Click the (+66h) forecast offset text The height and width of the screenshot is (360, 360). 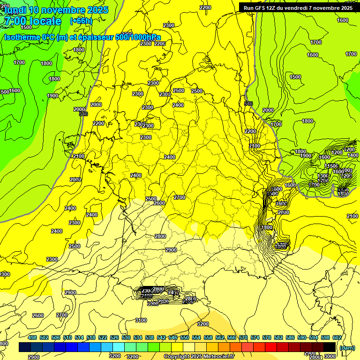pos(81,21)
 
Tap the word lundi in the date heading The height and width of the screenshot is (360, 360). pos(15,10)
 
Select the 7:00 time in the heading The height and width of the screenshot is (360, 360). pos(14,21)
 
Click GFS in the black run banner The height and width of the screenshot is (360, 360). pos(261,7)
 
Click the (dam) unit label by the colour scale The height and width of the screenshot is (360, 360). pos(347,348)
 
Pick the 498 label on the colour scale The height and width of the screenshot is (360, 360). pos(32,337)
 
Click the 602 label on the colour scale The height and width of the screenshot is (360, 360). pos(337,337)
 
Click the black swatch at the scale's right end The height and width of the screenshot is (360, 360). pos(330,347)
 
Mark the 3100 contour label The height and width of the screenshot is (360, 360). pos(141,321)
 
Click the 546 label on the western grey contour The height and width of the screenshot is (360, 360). pos(83,114)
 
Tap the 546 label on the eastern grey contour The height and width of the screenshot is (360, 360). pos(249,104)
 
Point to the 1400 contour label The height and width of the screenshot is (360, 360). pos(353,155)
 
